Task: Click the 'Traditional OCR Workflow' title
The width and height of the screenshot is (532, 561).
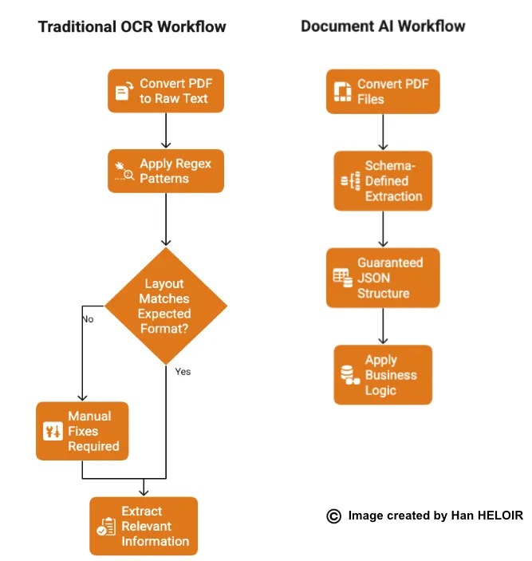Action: pos(132,27)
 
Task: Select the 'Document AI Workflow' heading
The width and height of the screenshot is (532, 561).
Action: pos(383,26)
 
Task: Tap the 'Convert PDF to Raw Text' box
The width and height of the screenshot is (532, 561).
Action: pos(166,91)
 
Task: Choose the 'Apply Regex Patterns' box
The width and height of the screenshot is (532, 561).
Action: pos(166,171)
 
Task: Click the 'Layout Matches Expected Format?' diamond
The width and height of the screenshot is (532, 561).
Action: pos(166,306)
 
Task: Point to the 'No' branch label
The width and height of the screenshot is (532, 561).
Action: pos(88,318)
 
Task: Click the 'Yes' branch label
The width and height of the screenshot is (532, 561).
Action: pos(183,371)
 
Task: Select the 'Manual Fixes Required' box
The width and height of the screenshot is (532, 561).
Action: pos(82,431)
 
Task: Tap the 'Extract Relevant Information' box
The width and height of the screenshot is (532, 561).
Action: pos(144,526)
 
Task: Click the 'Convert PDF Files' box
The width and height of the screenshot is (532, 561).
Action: pos(383,91)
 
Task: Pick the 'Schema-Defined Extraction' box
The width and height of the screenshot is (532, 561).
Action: pos(383,181)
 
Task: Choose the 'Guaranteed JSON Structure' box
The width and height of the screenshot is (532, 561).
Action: pos(383,278)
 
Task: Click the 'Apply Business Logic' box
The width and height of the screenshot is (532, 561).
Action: pos(383,375)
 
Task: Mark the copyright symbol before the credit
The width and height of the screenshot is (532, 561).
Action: pos(334,516)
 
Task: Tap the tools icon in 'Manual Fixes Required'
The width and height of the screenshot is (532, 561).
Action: pos(52,432)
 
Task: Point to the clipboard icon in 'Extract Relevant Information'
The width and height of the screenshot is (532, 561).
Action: pos(105,527)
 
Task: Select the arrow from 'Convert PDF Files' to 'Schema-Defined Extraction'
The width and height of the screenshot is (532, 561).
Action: pos(384,132)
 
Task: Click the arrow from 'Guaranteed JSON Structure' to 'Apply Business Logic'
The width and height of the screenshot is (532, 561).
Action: pos(384,326)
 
